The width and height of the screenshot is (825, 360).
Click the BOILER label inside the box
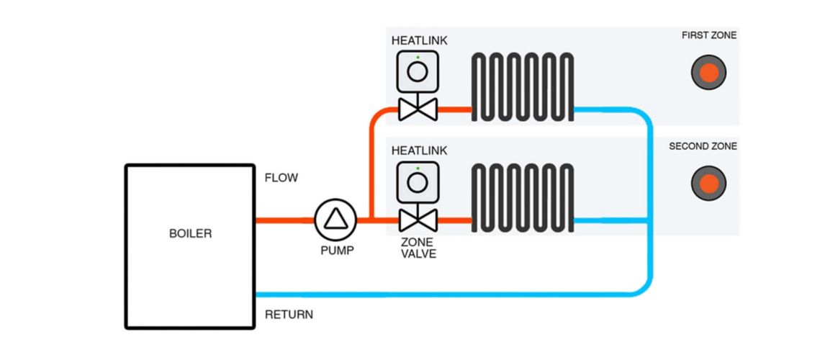click(190, 233)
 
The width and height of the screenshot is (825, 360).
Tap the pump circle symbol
click(335, 220)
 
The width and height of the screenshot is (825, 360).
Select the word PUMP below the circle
click(337, 251)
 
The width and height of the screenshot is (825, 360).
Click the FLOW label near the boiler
click(281, 178)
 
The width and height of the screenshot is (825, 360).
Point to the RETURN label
click(289, 315)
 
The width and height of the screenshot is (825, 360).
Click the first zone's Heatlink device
click(418, 72)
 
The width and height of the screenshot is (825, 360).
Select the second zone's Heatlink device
click(418, 182)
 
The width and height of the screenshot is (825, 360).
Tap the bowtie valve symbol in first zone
click(418, 110)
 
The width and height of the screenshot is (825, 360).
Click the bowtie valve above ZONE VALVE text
click(418, 220)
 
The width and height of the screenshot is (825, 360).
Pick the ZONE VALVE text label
click(418, 248)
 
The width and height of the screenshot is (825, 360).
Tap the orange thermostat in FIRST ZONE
click(708, 73)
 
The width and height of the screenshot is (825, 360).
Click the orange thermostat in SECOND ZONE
click(708, 183)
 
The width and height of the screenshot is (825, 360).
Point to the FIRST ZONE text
click(709, 35)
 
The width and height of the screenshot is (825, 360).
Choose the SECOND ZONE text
click(703, 146)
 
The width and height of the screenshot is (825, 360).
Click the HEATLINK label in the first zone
click(419, 40)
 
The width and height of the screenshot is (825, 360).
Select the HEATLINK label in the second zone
click(419, 150)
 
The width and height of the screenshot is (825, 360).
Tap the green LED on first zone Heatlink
click(418, 58)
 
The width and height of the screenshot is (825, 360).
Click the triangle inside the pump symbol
click(335, 220)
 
